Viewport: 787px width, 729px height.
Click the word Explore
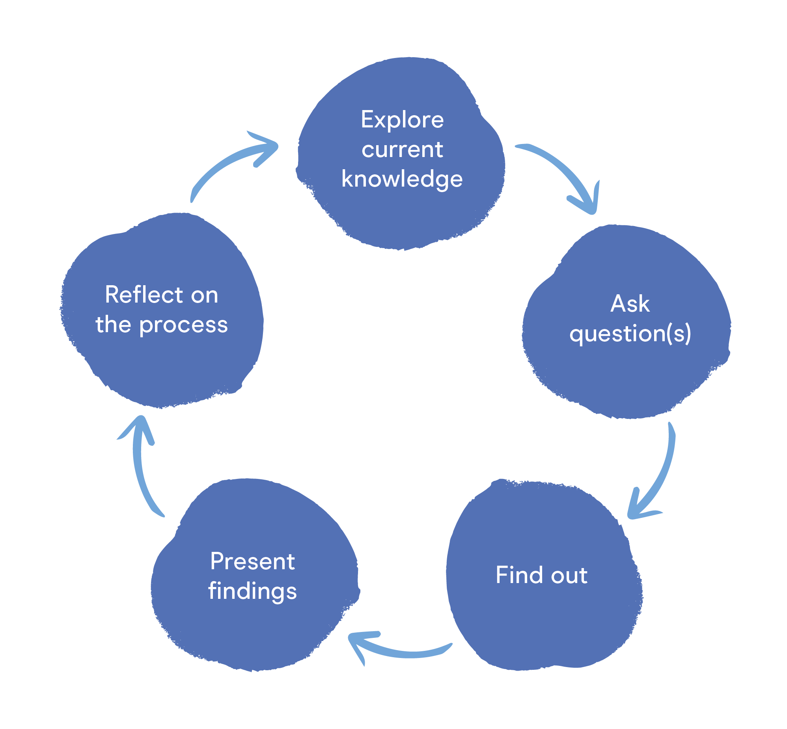402,120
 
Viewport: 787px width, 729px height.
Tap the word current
402,150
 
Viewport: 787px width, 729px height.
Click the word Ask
630,304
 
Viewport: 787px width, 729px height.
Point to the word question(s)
630,334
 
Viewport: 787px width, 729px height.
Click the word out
569,576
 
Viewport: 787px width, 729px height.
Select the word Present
252,561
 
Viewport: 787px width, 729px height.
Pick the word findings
252,591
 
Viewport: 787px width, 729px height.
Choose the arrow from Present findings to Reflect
138,469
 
